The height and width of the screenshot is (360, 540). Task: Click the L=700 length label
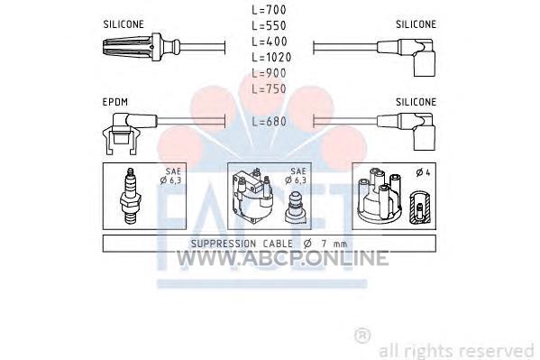(x=269, y=10)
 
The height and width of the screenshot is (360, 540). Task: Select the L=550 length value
(x=269, y=26)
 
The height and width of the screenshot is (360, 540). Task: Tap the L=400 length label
(x=270, y=42)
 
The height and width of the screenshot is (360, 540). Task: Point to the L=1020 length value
(x=271, y=57)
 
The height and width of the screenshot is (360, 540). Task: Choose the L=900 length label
(x=269, y=73)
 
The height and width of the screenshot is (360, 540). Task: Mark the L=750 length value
(x=269, y=89)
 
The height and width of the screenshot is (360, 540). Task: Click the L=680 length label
(x=269, y=122)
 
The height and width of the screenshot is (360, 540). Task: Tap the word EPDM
(x=115, y=102)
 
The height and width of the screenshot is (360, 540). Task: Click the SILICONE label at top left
(x=124, y=24)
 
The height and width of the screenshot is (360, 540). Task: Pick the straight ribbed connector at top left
(x=142, y=48)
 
